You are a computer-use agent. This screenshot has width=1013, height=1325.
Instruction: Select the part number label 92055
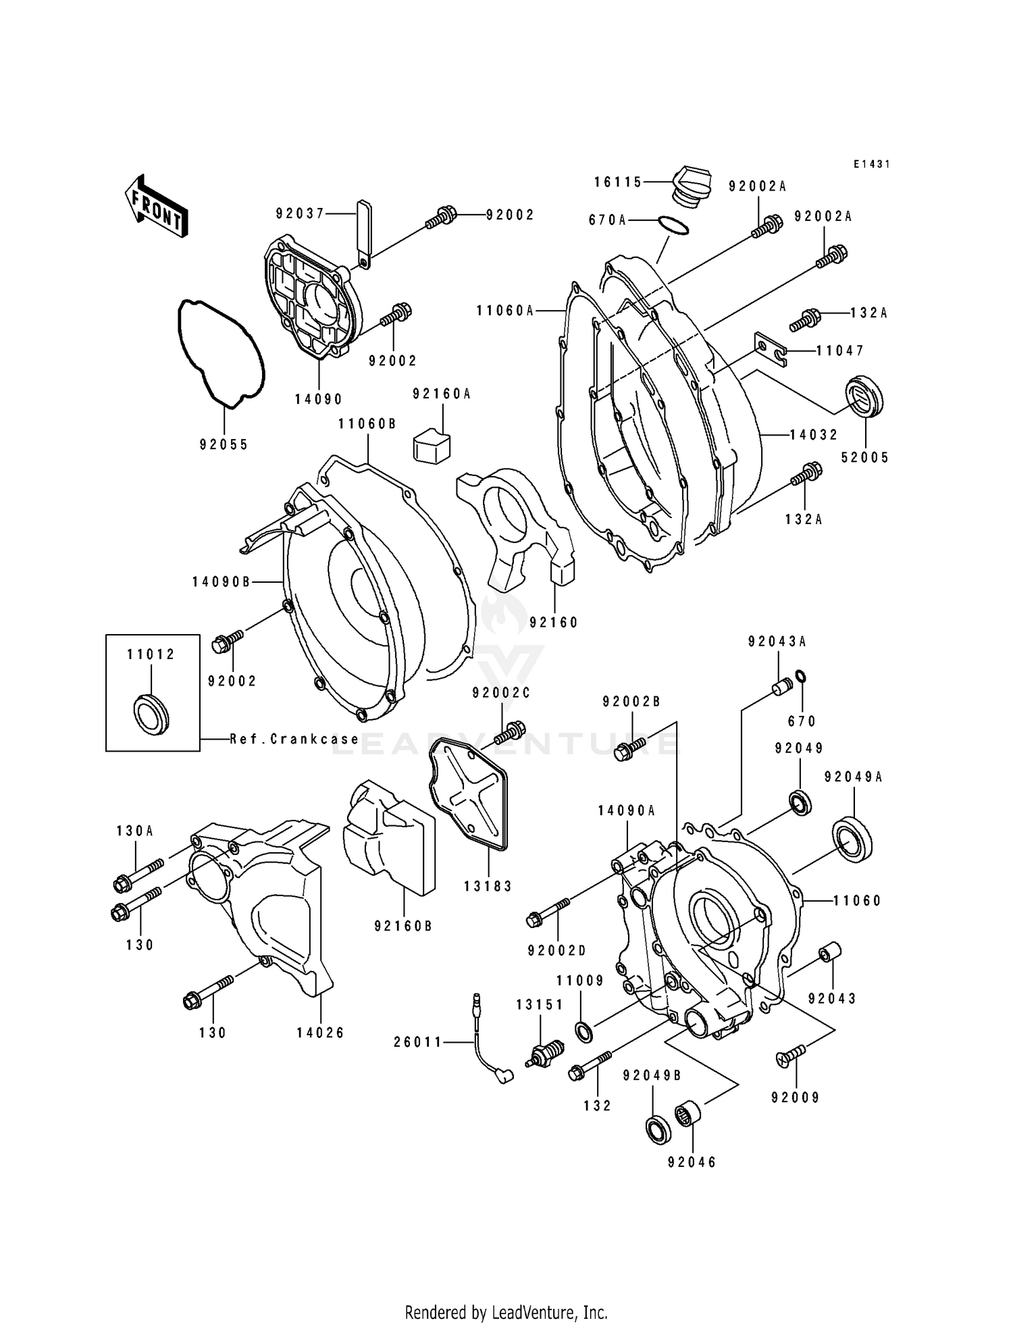click(x=224, y=444)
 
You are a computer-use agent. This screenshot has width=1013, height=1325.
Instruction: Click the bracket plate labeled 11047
click(x=771, y=350)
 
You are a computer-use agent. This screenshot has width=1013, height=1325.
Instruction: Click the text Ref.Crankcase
click(x=294, y=739)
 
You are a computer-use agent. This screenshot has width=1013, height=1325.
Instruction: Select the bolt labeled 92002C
click(x=512, y=732)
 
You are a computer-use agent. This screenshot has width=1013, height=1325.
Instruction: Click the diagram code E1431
click(x=871, y=164)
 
